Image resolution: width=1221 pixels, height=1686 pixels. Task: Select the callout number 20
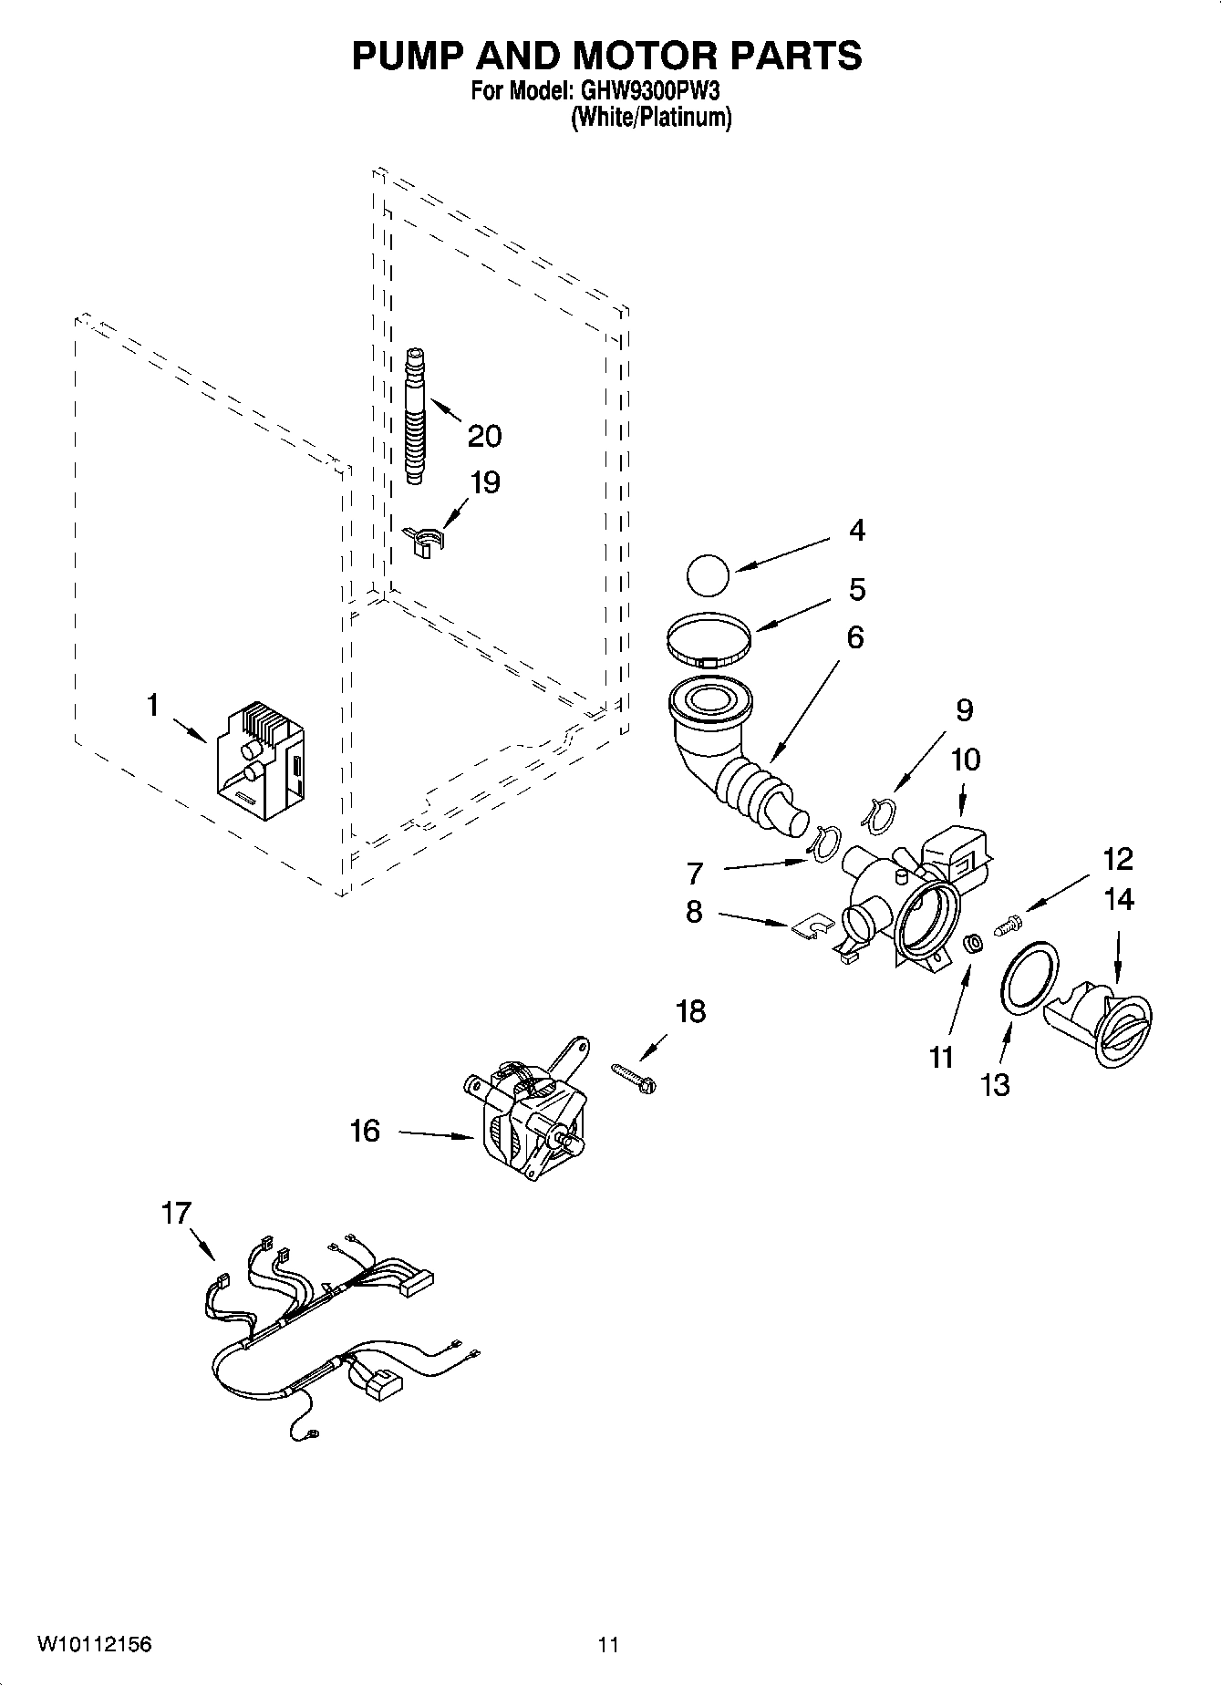click(x=484, y=437)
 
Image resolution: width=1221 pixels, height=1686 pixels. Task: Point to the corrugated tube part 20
click(x=416, y=417)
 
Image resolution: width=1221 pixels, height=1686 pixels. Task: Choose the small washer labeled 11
click(x=973, y=942)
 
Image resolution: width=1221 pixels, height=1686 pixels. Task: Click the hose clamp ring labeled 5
click(x=709, y=637)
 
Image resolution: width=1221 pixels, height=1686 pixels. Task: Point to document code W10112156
click(x=94, y=1645)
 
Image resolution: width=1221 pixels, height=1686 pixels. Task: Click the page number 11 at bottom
click(x=608, y=1645)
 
